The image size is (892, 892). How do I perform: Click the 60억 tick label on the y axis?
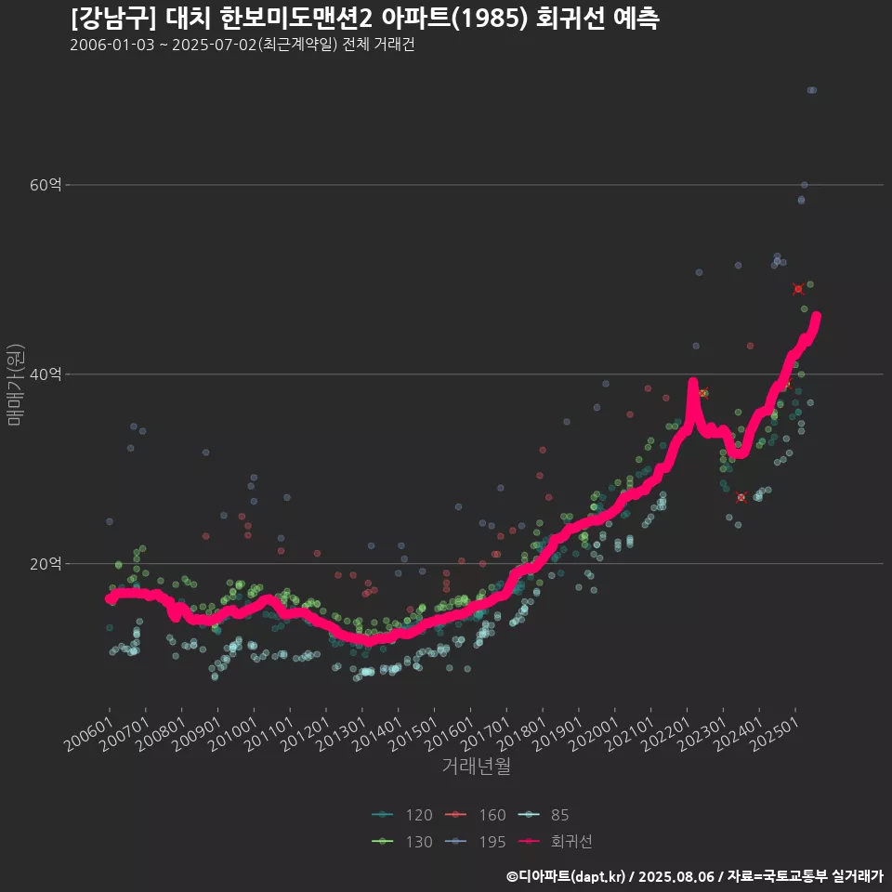click(46, 185)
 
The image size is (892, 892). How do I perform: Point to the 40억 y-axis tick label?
click(46, 374)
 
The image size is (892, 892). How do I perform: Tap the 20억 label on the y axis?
click(46, 564)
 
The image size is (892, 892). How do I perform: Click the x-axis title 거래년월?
click(476, 767)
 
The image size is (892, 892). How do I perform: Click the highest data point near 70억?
click(811, 90)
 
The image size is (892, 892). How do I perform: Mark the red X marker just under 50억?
click(798, 289)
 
